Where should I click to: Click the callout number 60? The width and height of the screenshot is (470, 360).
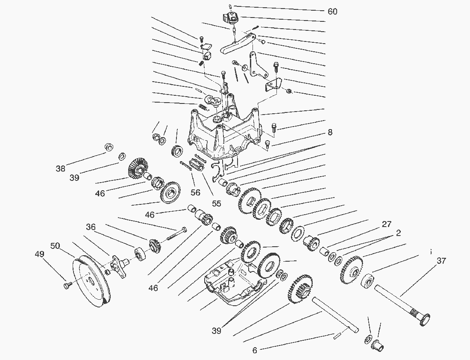(x=332, y=12)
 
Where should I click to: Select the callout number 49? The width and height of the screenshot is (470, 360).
(x=39, y=254)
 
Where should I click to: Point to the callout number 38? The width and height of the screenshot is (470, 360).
(x=61, y=168)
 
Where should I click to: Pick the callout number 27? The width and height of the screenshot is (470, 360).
(x=386, y=224)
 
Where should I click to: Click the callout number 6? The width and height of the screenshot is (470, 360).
(x=255, y=351)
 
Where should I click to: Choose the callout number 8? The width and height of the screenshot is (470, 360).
(x=330, y=133)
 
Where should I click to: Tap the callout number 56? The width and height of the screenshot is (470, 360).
(x=195, y=193)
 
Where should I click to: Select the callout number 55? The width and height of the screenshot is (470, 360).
(x=217, y=204)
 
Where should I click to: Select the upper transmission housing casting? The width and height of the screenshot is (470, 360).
(x=222, y=133)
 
